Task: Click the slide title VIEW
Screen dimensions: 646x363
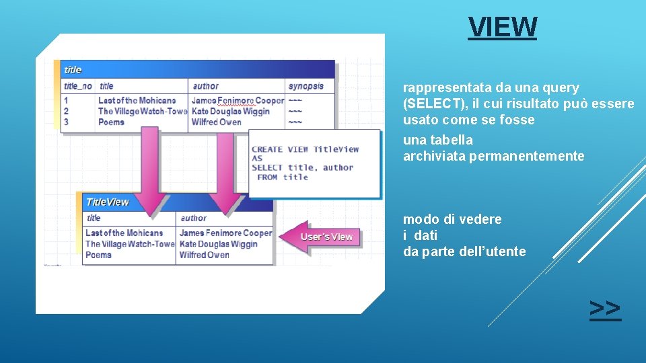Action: (x=503, y=28)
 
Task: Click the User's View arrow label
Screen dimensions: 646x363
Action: (x=326, y=237)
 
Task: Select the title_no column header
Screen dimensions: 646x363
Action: (x=78, y=86)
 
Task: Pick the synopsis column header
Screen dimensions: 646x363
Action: (x=306, y=86)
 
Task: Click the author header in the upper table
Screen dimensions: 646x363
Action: (x=206, y=86)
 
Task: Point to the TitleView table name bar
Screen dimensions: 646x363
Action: (x=108, y=202)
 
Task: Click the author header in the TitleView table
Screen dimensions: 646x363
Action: (x=194, y=218)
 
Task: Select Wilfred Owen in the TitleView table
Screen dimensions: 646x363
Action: (x=205, y=255)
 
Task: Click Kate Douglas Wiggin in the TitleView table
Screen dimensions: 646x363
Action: (x=219, y=244)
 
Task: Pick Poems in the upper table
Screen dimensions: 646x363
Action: (x=111, y=122)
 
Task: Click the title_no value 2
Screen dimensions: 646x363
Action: (x=66, y=112)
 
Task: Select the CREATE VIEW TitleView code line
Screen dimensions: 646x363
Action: (x=305, y=149)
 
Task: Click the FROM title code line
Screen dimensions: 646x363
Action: (x=283, y=177)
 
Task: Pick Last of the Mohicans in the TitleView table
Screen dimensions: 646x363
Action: (x=124, y=233)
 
